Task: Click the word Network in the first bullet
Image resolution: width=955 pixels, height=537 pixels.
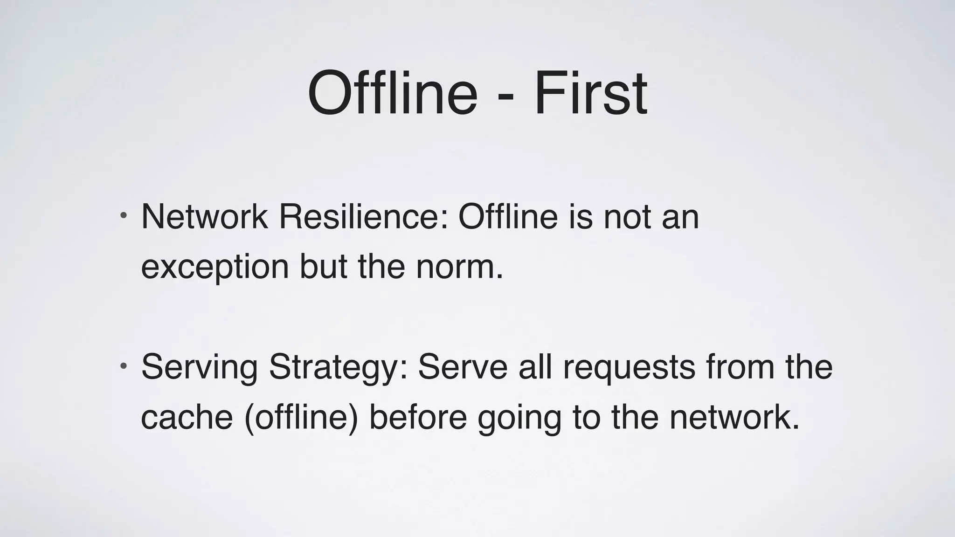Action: click(x=204, y=217)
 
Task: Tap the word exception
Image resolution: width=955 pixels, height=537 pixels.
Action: click(x=215, y=267)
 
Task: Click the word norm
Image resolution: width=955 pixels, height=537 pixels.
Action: click(x=459, y=267)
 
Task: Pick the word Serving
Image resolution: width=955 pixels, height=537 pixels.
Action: click(x=200, y=367)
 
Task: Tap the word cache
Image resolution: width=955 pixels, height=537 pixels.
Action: click(x=187, y=417)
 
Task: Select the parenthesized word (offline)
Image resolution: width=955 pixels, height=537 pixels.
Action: click(x=301, y=417)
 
